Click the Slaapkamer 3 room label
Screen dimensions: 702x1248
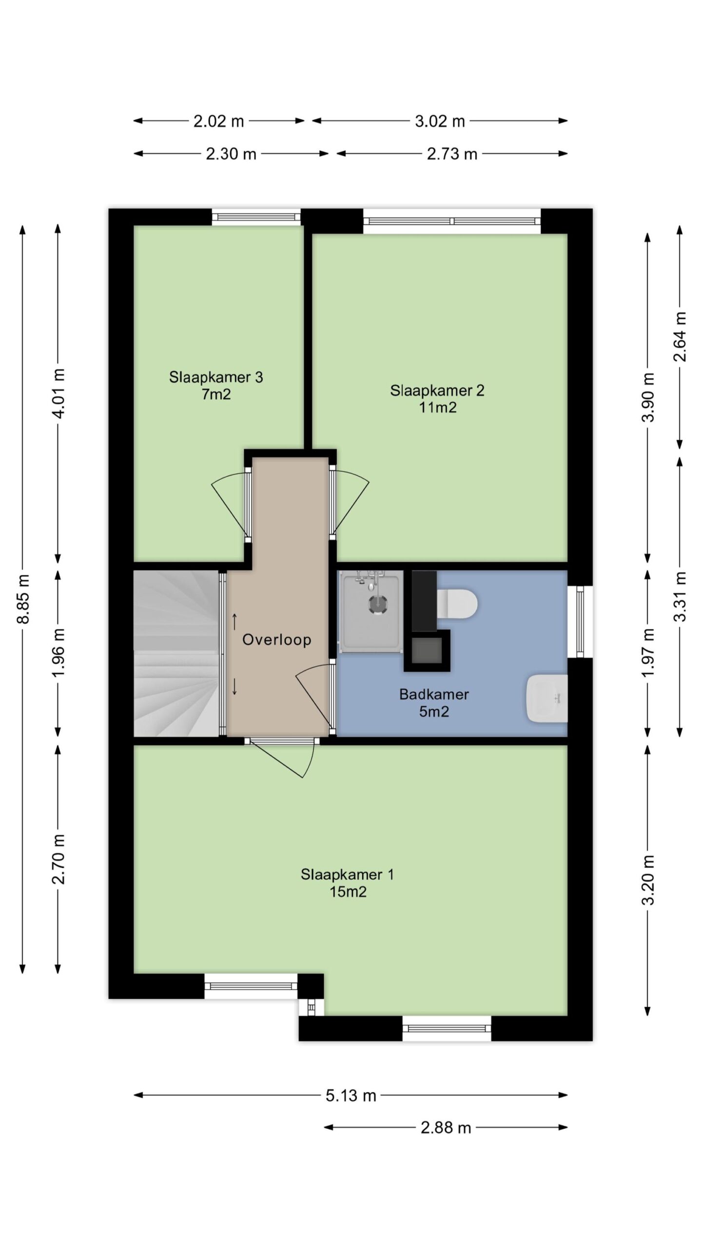[216, 385]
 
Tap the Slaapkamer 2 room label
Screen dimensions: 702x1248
[437, 399]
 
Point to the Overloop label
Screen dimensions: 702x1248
[277, 640]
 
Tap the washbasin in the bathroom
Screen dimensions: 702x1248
[547, 698]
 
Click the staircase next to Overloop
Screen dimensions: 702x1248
[176, 653]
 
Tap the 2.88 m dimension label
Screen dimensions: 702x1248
[446, 1128]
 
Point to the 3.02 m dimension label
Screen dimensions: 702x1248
[440, 121]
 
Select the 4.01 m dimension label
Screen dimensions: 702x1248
[58, 393]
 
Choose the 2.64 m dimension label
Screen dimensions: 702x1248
[680, 337]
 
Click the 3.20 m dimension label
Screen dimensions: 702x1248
[647, 880]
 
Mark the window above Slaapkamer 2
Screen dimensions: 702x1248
[452, 221]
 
